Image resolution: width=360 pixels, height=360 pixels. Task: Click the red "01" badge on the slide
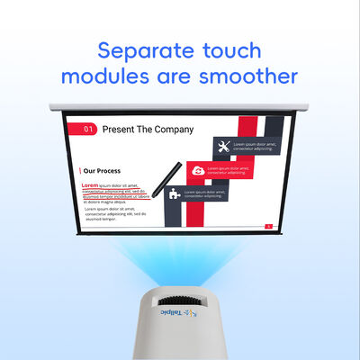88,129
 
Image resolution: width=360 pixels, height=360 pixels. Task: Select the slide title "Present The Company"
148,129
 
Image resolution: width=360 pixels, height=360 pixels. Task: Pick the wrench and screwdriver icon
220,145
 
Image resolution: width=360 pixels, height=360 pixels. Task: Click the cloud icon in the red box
220,167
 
